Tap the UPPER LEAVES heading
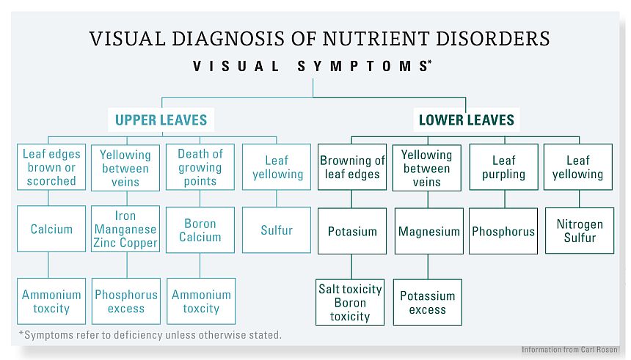point(161,120)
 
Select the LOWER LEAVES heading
point(467,120)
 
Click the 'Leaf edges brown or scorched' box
point(51,167)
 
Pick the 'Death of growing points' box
point(200,167)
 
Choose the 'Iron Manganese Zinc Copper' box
point(125,229)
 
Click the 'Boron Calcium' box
point(200,229)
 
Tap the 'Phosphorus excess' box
point(126,301)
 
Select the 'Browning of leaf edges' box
point(352,167)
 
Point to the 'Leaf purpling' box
point(504,167)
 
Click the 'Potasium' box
point(352,231)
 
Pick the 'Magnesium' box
point(429,231)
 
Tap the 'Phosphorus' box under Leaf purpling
point(503,231)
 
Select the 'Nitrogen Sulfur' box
point(580,230)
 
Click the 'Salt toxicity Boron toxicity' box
point(350,302)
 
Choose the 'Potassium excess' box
point(427,302)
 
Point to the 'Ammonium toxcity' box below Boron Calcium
point(201,301)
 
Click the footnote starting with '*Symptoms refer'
point(150,334)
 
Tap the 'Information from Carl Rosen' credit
point(569,350)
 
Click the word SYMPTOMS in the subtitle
point(365,66)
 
